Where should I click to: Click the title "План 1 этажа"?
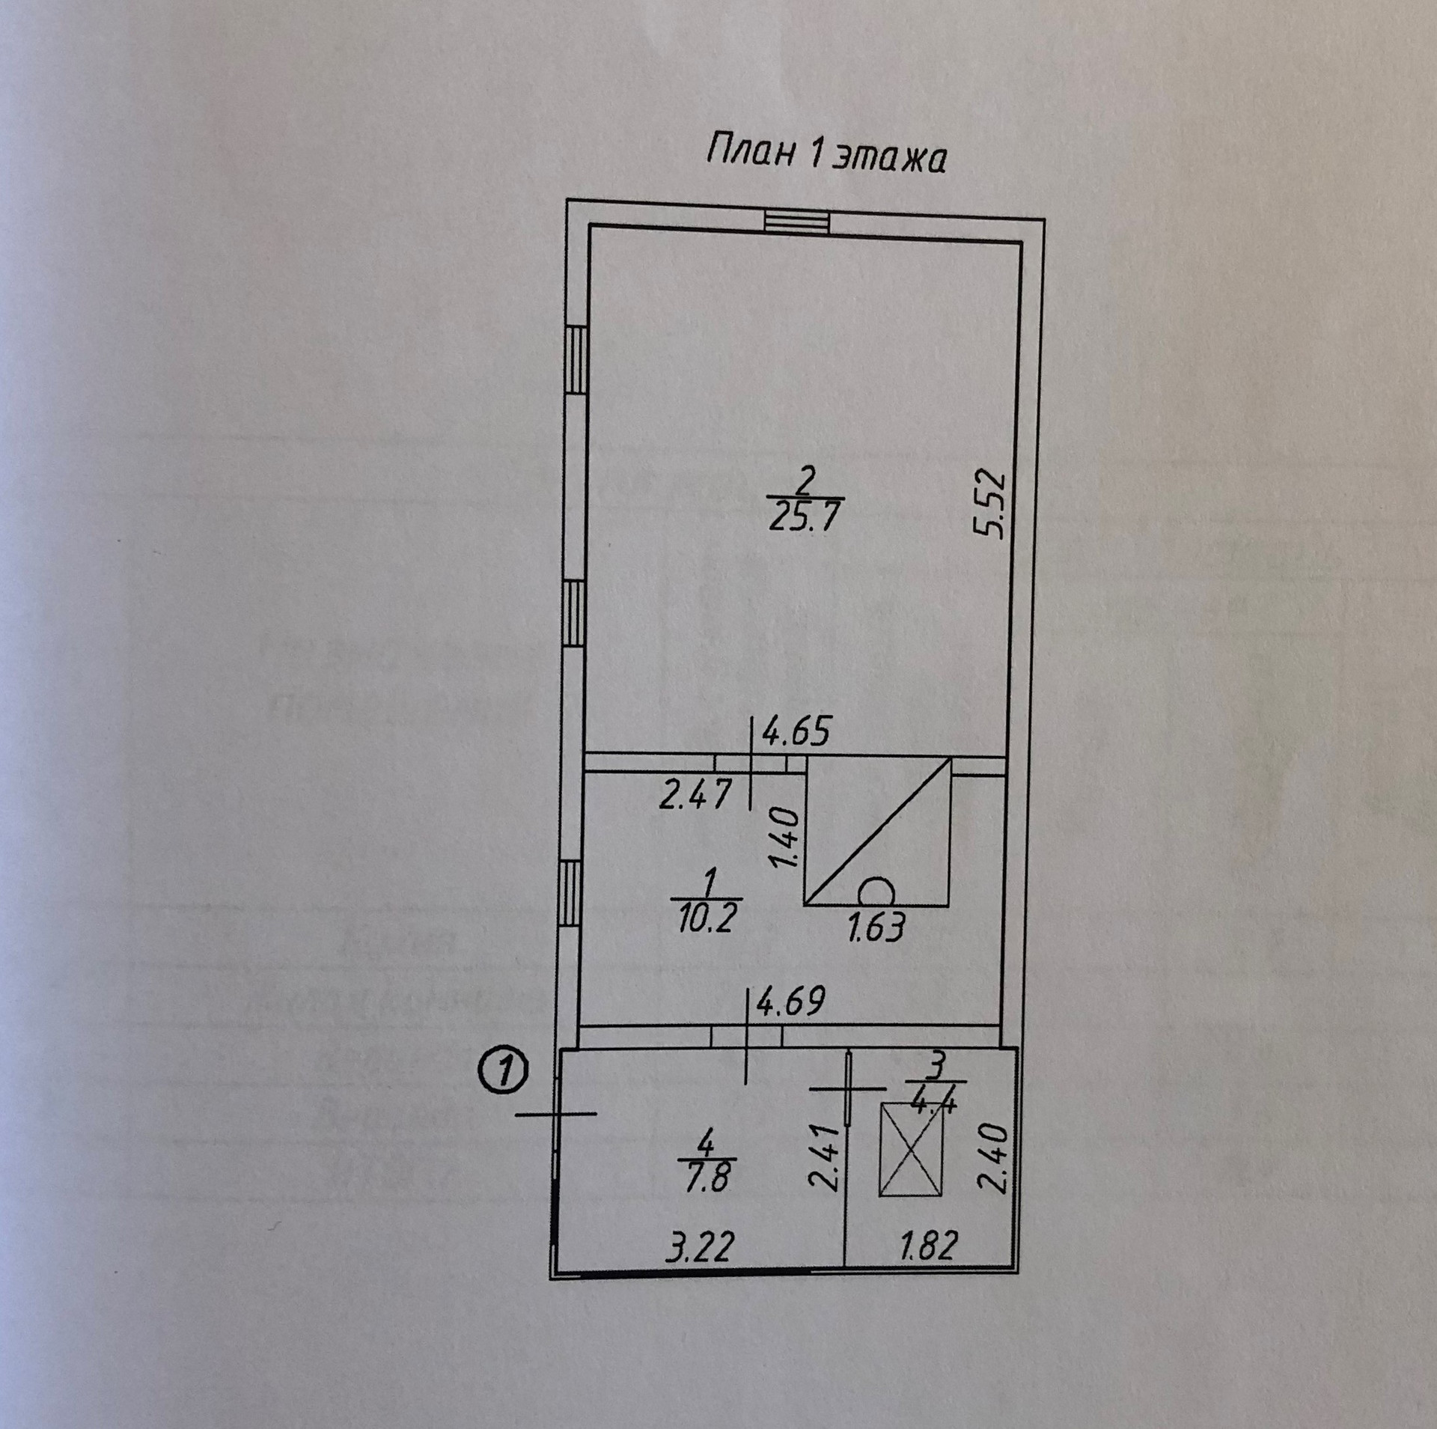pyautogui.click(x=826, y=156)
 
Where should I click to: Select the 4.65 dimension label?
pyautogui.click(x=795, y=732)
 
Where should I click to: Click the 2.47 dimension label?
pyautogui.click(x=694, y=794)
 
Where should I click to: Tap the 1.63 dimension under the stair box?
pyautogui.click(x=876, y=927)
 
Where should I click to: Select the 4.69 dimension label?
pyautogui.click(x=790, y=1002)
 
